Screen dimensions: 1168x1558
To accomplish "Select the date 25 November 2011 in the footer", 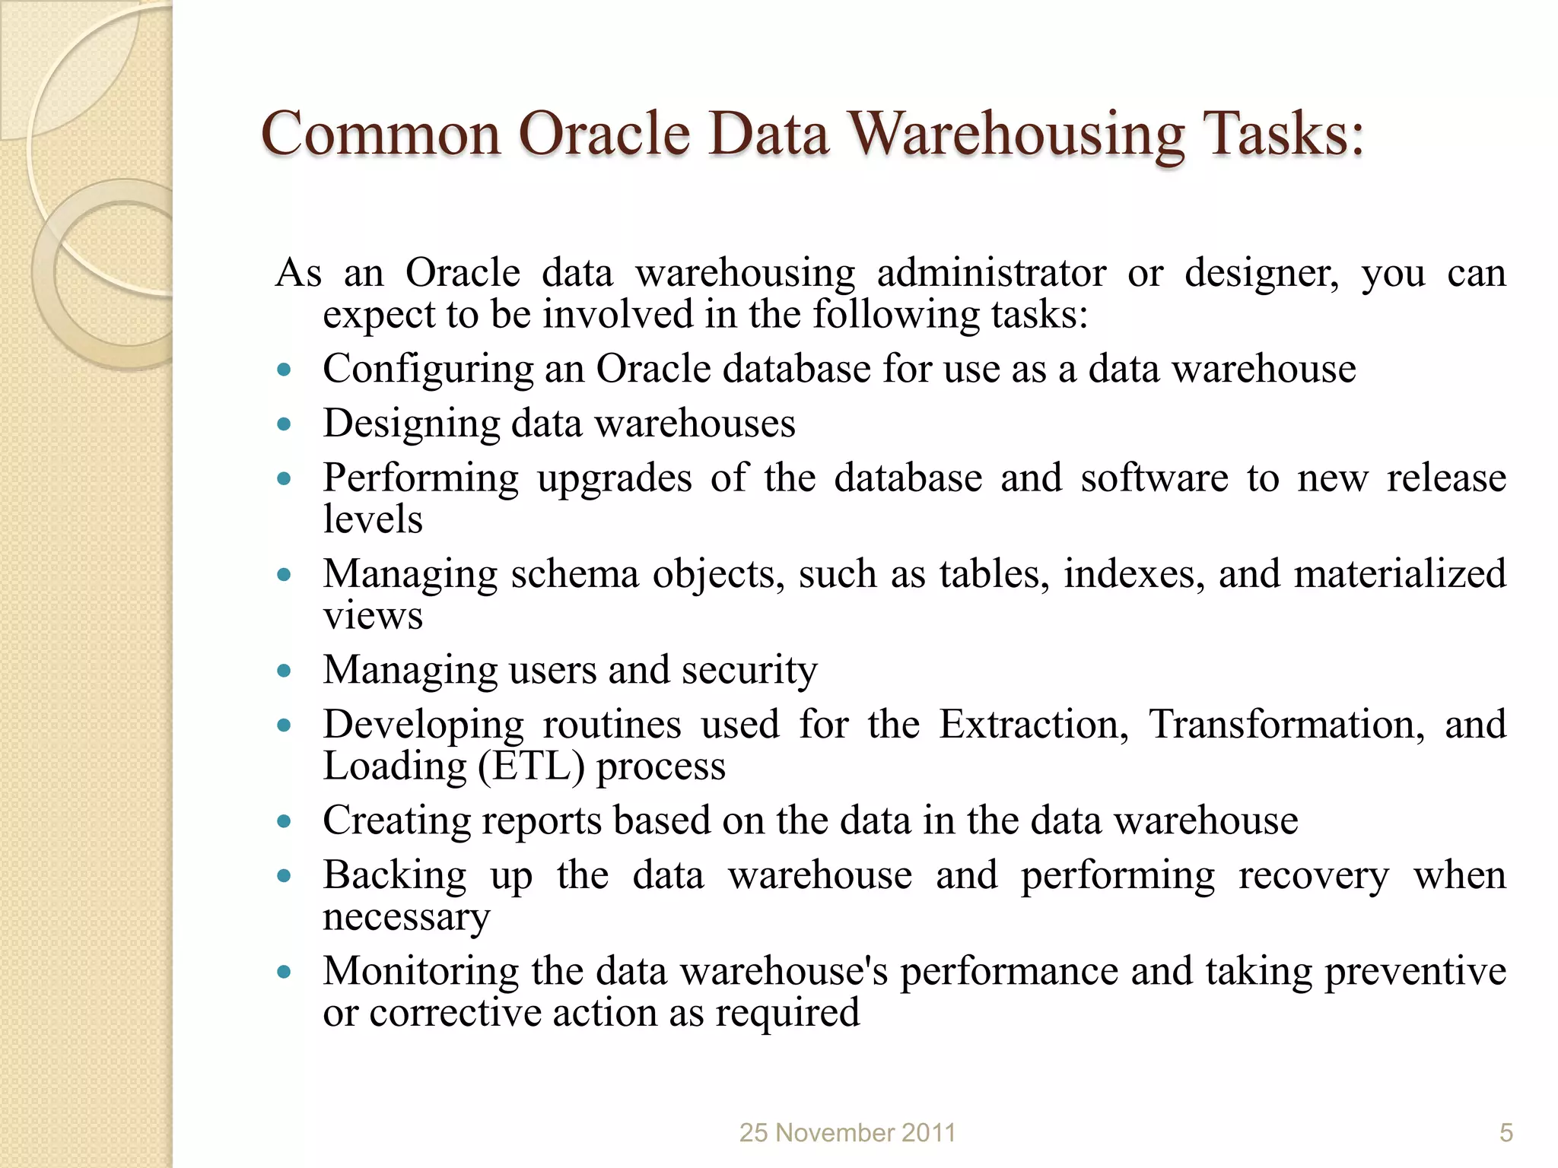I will [x=847, y=1133].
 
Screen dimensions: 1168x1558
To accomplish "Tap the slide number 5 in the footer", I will [x=1506, y=1133].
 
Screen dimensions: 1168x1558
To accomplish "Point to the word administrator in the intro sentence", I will [x=991, y=273].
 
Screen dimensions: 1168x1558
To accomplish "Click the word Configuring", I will [x=428, y=370].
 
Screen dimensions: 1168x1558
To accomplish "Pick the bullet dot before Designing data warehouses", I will [x=285, y=424].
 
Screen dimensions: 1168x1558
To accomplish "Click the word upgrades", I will [x=614, y=479].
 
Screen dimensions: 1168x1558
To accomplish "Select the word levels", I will [x=372, y=519].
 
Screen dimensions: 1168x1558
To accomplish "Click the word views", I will [x=372, y=616].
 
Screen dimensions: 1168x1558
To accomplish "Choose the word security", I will [x=749, y=671].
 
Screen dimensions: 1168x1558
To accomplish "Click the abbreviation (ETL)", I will [x=531, y=766].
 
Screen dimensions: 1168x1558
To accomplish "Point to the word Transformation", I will [x=1286, y=724].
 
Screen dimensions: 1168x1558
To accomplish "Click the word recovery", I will [x=1313, y=876].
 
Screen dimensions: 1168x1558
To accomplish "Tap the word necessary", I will [x=406, y=917].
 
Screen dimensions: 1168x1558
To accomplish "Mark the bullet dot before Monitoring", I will [x=285, y=972].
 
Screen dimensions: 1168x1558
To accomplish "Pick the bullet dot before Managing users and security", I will [x=285, y=671].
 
